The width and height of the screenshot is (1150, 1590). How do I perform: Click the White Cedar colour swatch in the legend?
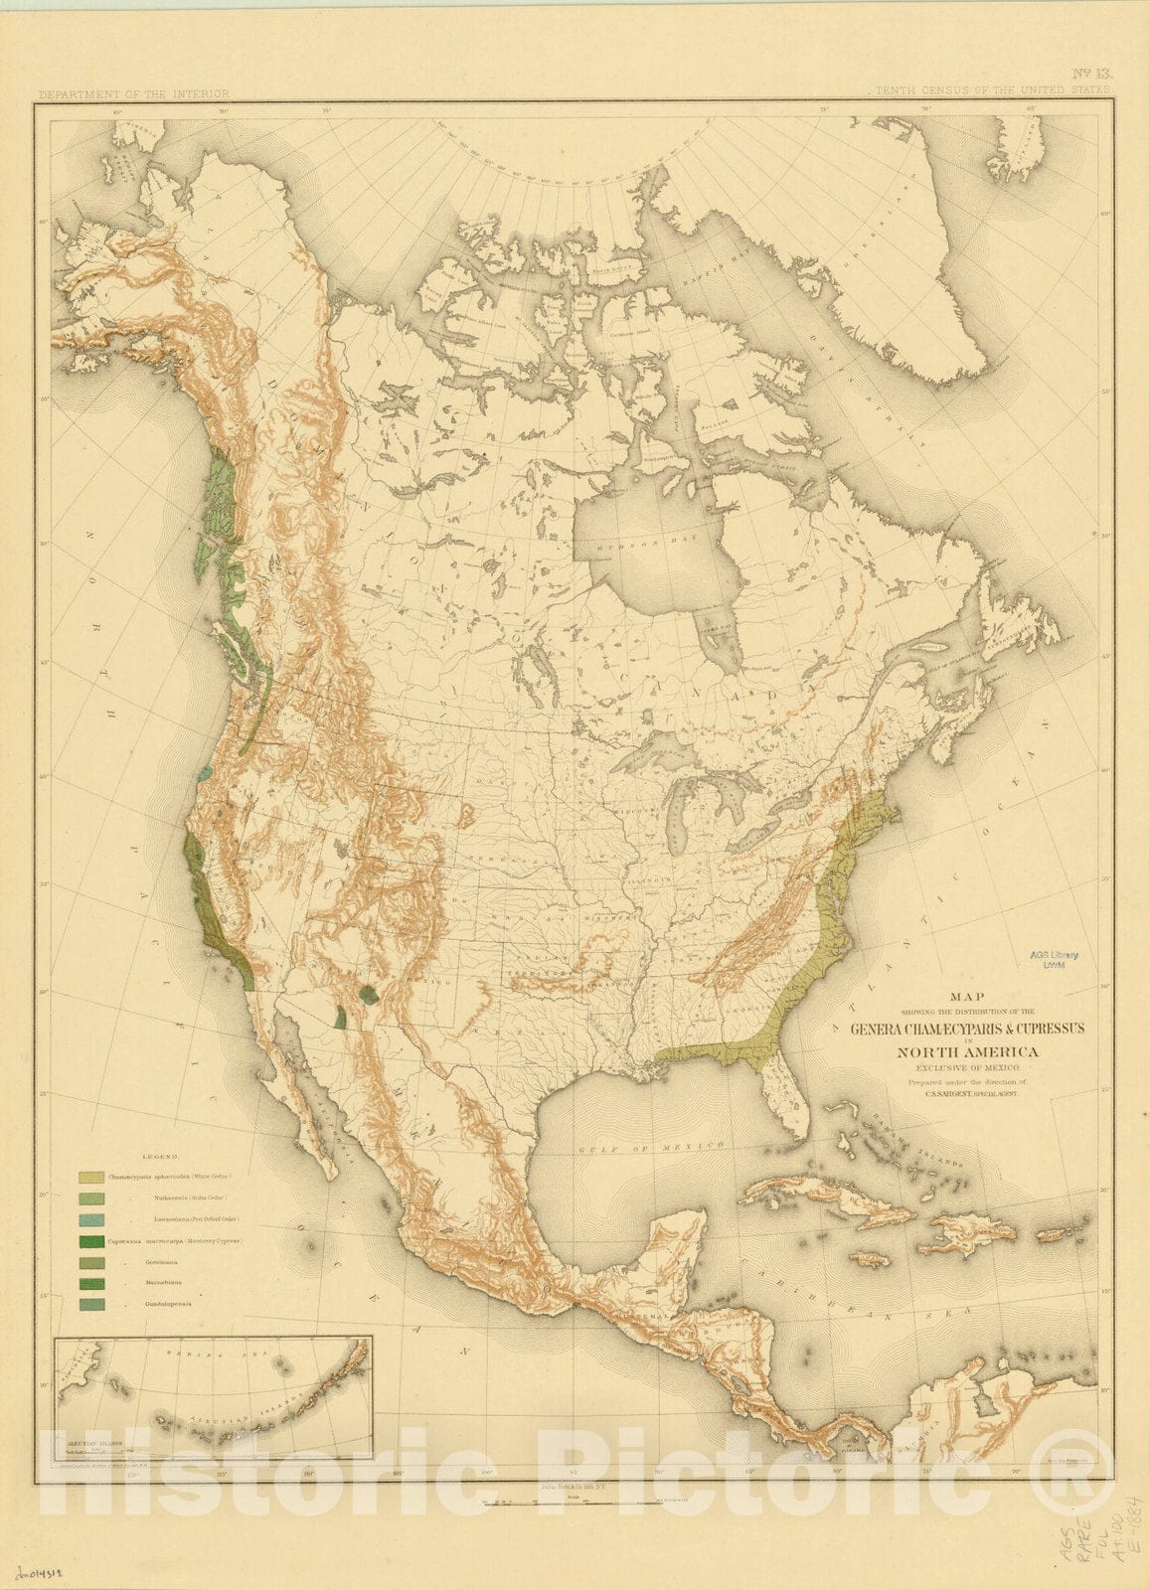[x=93, y=1177]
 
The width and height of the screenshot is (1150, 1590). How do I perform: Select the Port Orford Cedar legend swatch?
[x=93, y=1219]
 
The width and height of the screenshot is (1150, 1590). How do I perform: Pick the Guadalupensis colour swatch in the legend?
[x=93, y=1305]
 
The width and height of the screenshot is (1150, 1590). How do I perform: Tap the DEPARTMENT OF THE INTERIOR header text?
[x=133, y=94]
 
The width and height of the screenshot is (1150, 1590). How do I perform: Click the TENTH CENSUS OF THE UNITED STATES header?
[x=991, y=90]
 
